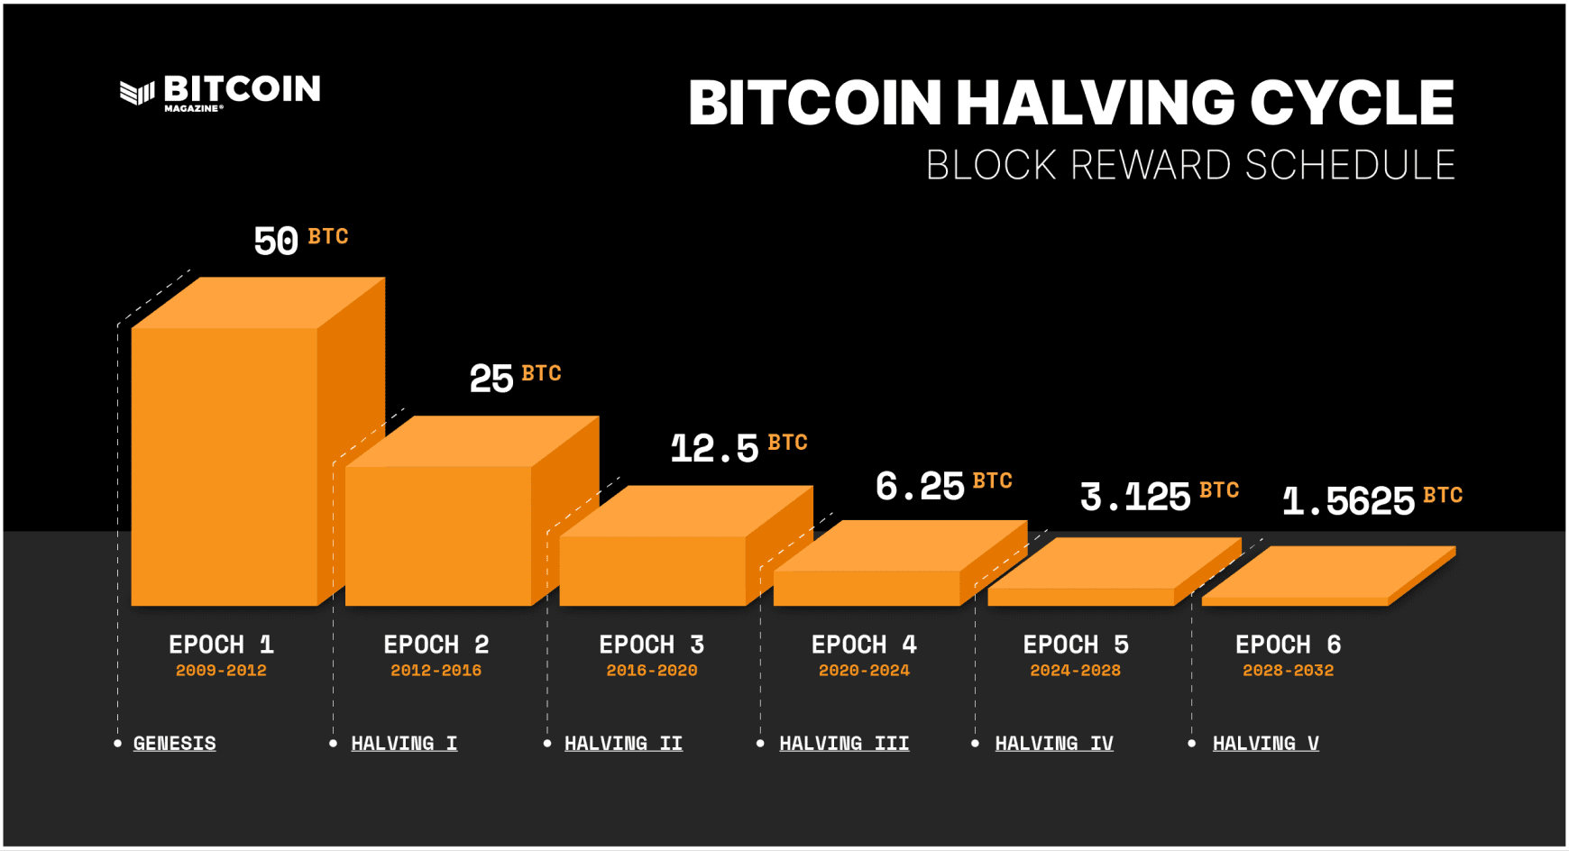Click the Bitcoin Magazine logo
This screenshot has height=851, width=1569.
click(x=220, y=92)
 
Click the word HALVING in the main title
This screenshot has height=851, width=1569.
click(x=1094, y=103)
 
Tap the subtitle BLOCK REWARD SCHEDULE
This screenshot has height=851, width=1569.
click(x=1190, y=166)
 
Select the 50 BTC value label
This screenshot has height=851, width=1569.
click(x=300, y=240)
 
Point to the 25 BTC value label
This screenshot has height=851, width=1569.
click(x=515, y=377)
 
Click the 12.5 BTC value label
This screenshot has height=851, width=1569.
click(x=738, y=447)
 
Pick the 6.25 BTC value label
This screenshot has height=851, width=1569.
click(x=943, y=486)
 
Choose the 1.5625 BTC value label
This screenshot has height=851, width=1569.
click(x=1372, y=500)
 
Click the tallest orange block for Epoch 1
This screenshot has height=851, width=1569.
click(x=225, y=464)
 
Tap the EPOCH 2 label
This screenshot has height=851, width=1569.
click(x=436, y=645)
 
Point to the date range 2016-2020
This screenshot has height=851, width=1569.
click(x=652, y=671)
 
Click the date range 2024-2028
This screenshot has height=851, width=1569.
click(x=1075, y=671)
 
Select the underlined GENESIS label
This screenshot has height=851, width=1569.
click(x=175, y=744)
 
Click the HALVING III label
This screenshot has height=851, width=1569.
click(x=844, y=744)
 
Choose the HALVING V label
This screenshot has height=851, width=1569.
click(x=1265, y=744)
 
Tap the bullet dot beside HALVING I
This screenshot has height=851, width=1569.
click(x=333, y=744)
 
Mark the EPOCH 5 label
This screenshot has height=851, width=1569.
click(x=1075, y=645)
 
